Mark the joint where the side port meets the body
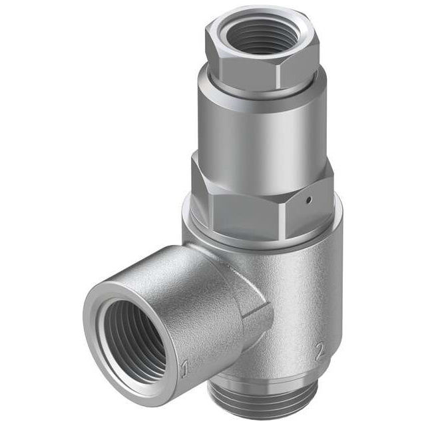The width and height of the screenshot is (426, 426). pyautogui.click(x=263, y=300)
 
